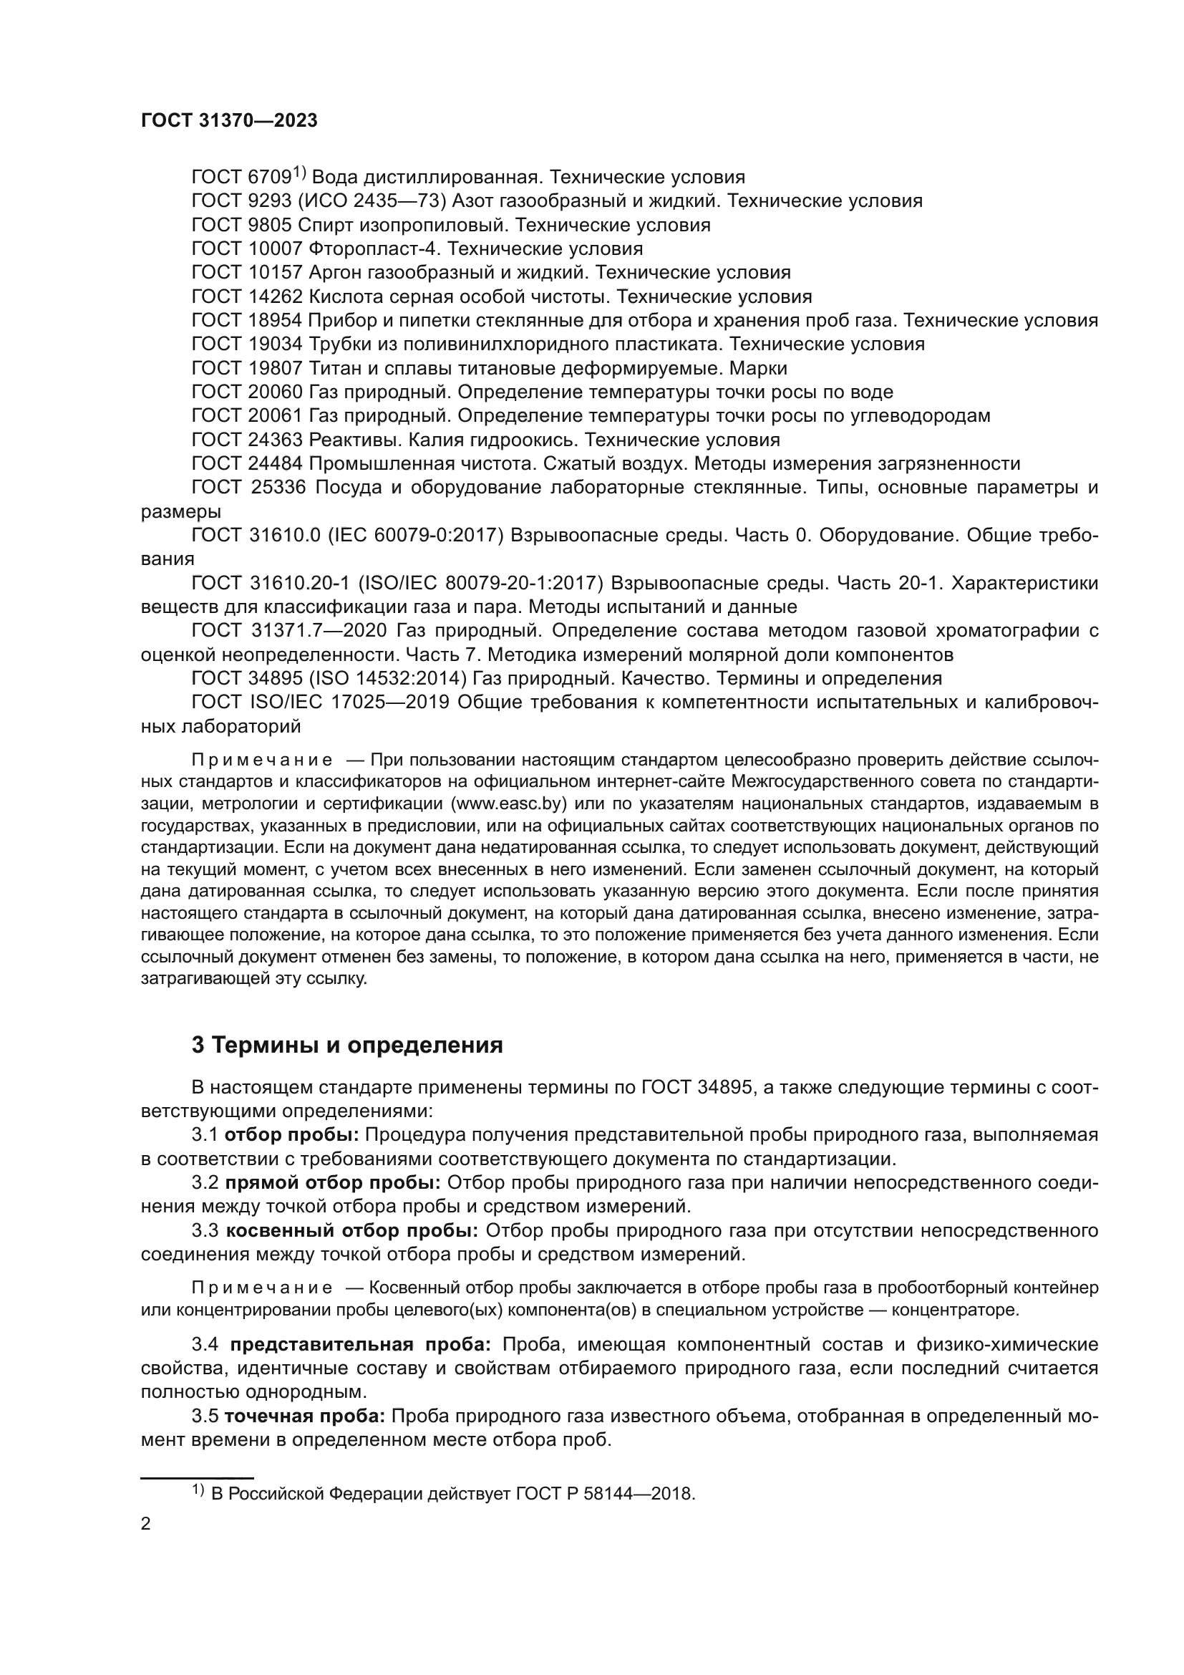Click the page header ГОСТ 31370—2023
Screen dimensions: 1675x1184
tap(229, 121)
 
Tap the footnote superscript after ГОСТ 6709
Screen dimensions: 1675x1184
tap(300, 173)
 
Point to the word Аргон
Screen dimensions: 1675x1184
tap(335, 273)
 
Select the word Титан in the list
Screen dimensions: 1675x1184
tap(334, 368)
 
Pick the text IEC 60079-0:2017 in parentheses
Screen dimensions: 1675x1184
tap(417, 536)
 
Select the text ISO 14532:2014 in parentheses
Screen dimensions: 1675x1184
tap(387, 678)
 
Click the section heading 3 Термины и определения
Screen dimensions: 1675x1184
tap(347, 1046)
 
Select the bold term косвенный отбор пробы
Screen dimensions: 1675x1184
tap(352, 1231)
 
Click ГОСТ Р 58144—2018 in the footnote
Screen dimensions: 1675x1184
tap(604, 1493)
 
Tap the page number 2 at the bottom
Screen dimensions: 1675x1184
tap(146, 1524)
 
